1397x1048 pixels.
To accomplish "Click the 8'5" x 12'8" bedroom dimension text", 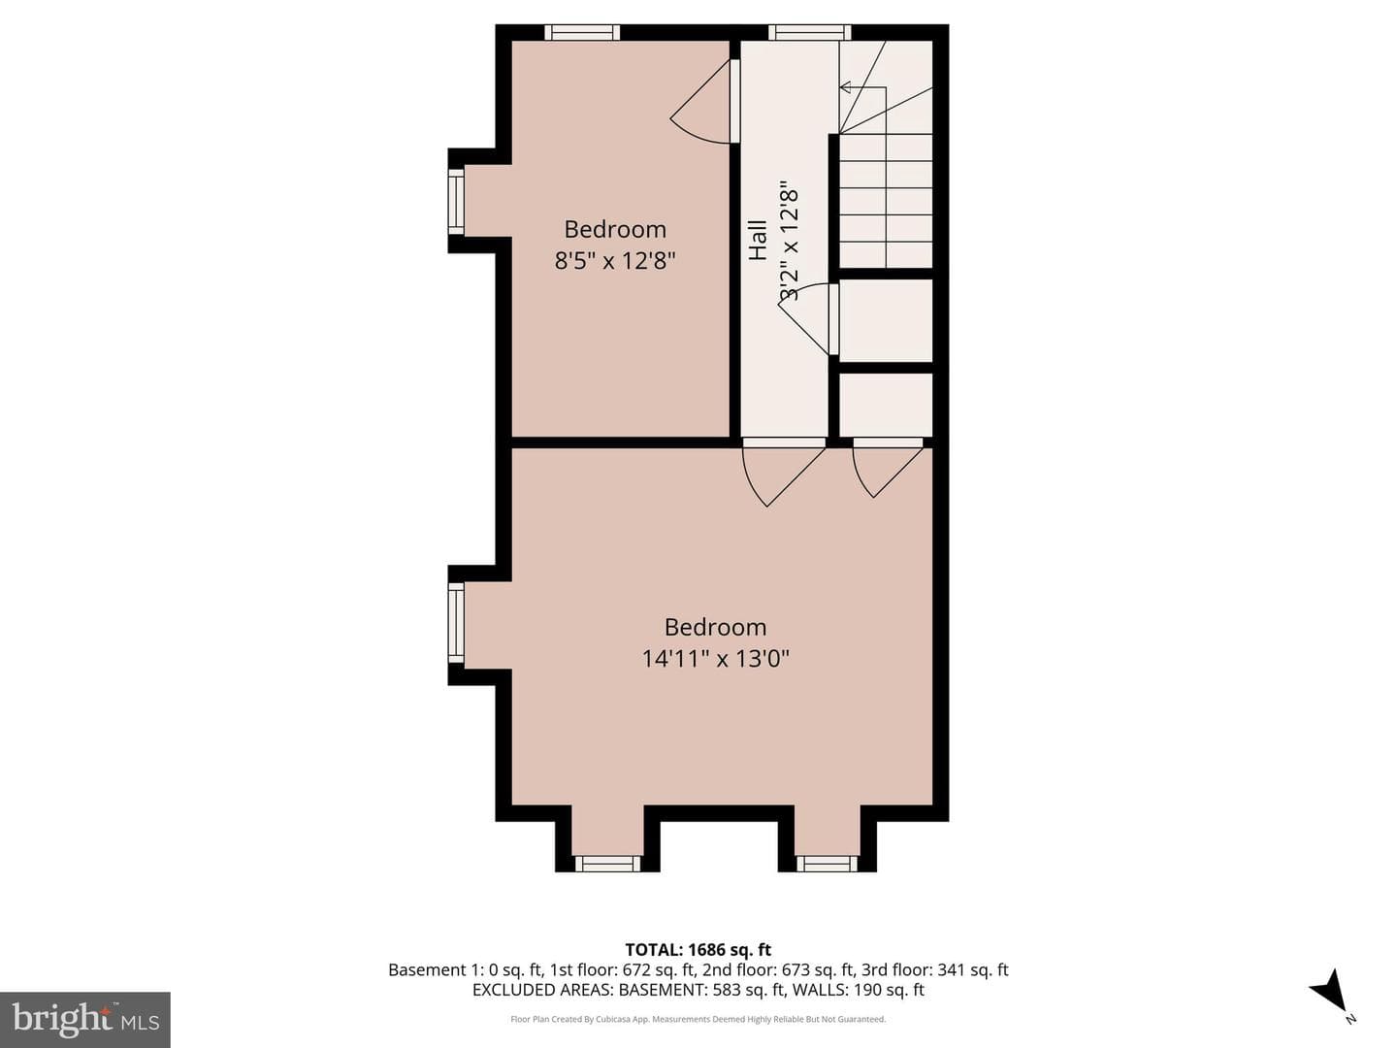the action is (614, 260).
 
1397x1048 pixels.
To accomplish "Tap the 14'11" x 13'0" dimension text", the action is (715, 658).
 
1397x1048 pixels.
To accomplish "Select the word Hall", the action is (758, 240).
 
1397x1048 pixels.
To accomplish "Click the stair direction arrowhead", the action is (847, 87).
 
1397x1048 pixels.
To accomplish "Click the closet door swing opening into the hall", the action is (802, 318).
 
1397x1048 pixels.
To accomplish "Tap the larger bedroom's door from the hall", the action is (784, 475).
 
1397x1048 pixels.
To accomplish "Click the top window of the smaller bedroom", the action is (582, 32).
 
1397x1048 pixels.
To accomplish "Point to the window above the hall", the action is (809, 32).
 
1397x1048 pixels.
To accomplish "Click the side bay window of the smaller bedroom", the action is (456, 203).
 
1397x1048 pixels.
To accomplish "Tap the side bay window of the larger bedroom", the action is (456, 624).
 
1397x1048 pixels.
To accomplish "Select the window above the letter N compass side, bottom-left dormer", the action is (607, 864).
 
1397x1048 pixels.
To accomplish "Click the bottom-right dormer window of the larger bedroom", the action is (827, 864).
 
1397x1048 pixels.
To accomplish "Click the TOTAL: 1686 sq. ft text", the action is (698, 950).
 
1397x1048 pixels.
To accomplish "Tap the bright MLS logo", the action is (84, 1019).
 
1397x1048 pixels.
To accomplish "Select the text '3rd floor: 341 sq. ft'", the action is (935, 970).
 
